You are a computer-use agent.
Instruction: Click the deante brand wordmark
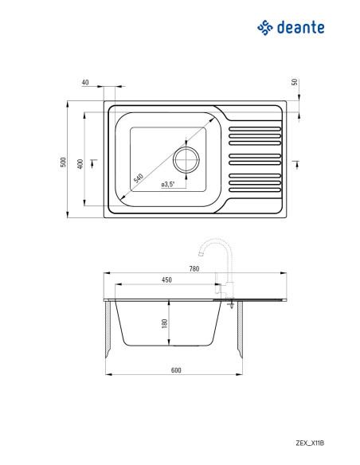point(300,27)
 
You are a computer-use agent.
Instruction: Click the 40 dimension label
point(85,82)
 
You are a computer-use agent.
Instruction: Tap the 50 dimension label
point(295,82)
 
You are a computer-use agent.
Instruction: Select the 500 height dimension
point(63,162)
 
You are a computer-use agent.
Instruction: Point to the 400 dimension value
point(80,164)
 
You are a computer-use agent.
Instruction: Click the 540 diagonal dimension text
point(139,178)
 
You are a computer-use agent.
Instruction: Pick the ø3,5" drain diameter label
point(168,184)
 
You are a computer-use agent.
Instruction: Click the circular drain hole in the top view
point(186,160)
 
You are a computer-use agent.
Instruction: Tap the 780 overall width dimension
point(194,268)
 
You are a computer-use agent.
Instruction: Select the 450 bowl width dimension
point(166,279)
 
